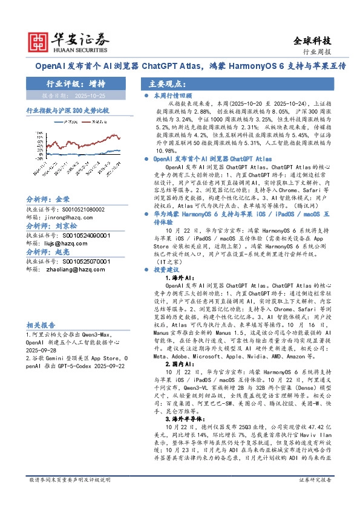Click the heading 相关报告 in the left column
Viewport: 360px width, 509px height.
click(41, 324)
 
